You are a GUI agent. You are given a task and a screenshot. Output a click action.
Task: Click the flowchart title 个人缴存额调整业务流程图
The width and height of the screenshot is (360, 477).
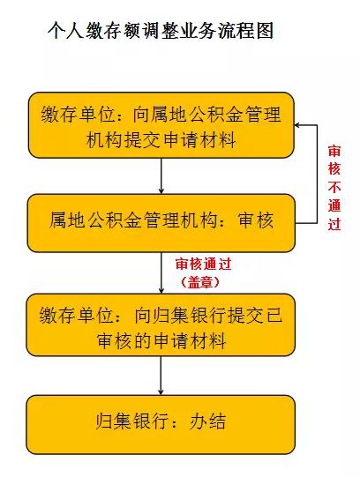[x=161, y=31]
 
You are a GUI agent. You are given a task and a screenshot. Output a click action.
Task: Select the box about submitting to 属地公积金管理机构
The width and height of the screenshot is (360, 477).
[x=161, y=125]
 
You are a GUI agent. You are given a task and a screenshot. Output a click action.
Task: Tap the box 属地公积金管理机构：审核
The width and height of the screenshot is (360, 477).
[x=161, y=223]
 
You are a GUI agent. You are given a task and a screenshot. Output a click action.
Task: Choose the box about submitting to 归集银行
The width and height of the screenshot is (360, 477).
[x=161, y=324]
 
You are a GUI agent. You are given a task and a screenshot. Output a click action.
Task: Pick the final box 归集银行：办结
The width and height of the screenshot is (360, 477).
[x=161, y=424]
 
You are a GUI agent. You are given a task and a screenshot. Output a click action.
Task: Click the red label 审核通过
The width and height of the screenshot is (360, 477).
[x=203, y=264]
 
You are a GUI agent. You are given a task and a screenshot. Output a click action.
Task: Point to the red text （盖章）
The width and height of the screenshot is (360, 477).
[x=200, y=283]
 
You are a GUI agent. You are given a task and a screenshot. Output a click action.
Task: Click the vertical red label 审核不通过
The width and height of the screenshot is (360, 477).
[x=334, y=188]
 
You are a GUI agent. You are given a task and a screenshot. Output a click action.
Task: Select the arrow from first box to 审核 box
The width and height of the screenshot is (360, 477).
[x=161, y=176]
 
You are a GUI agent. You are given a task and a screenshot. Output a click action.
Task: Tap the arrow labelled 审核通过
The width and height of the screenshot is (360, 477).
[x=161, y=272]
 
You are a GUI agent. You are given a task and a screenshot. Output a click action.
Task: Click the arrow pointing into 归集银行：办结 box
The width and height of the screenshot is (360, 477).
[x=161, y=376]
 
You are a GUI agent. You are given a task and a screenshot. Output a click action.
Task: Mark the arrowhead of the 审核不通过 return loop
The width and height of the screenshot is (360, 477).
[x=297, y=125]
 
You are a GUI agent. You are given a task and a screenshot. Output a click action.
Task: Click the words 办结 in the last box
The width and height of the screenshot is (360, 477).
[x=207, y=421]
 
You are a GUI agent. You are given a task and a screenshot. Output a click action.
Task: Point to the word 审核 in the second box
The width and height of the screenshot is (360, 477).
[x=256, y=220]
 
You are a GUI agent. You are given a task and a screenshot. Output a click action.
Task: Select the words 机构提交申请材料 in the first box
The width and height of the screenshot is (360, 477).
[x=161, y=140]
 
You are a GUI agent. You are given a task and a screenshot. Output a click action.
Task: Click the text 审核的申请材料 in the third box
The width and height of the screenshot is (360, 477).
[x=161, y=340]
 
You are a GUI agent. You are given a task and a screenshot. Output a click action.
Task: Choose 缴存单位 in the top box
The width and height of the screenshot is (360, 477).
[x=78, y=115]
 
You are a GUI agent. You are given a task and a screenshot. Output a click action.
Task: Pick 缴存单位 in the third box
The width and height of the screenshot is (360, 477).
[x=76, y=315]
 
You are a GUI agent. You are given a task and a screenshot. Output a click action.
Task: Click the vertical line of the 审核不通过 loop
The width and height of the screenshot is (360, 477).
[x=317, y=174]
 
